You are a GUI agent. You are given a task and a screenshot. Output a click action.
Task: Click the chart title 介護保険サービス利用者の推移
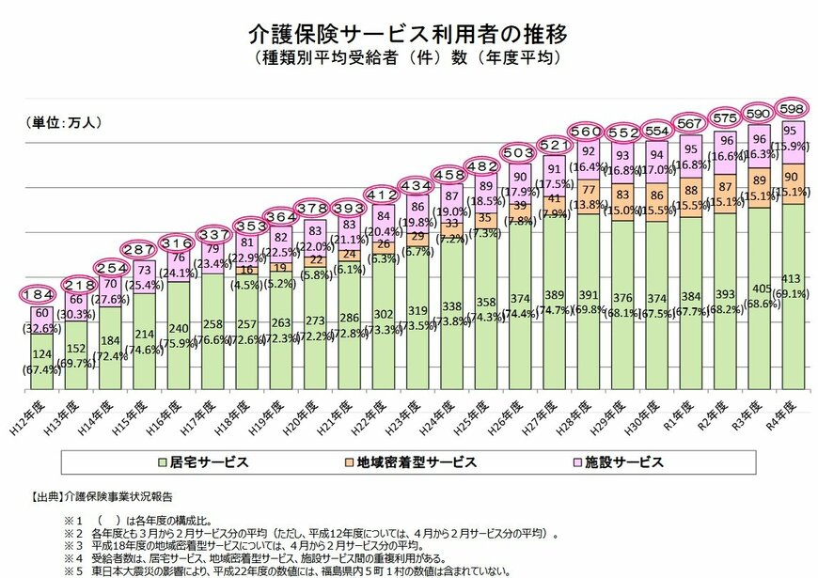408,35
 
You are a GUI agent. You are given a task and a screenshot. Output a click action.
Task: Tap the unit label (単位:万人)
62,122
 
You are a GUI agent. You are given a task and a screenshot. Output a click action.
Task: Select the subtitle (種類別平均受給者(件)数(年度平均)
408,58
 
